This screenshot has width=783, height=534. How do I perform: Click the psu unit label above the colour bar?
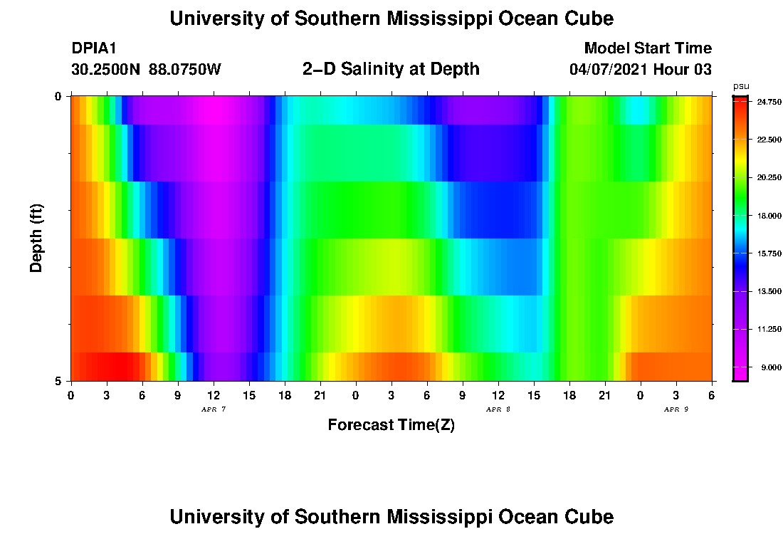tap(741, 86)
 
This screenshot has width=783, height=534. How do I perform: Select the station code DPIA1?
tap(94, 48)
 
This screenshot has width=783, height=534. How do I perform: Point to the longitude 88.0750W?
tap(185, 70)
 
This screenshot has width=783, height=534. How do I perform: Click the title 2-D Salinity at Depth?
tap(391, 69)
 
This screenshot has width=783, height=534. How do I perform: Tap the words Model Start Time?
tap(647, 48)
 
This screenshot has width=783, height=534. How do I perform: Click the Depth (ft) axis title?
tap(38, 238)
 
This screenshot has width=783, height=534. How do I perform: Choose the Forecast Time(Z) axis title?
tap(391, 425)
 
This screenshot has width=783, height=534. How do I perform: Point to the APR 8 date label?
tap(498, 409)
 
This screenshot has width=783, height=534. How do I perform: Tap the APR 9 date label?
tap(676, 409)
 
